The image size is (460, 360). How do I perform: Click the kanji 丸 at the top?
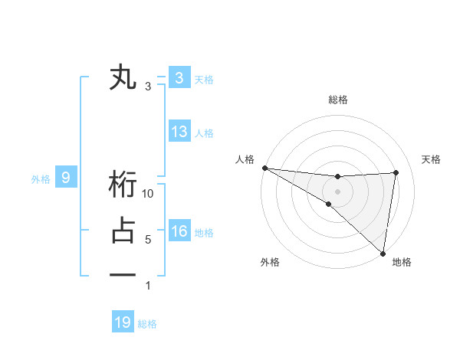click(123, 78)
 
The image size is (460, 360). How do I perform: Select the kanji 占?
click(123, 231)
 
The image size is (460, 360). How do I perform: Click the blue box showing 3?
click(179, 78)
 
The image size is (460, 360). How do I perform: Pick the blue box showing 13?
click(179, 132)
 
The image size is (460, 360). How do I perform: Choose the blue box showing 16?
click(179, 231)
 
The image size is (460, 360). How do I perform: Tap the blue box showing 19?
click(123, 322)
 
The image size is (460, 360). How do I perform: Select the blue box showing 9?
click(66, 178)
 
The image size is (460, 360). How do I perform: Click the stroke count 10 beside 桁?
click(149, 194)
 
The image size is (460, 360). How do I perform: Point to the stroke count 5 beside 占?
click(148, 240)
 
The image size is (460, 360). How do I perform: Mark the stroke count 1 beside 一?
click(148, 286)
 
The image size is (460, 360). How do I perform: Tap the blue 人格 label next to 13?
click(204, 133)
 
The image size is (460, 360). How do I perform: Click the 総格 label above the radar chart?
click(337, 100)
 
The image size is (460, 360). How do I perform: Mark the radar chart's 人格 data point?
click(264, 168)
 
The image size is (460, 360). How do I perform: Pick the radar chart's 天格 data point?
click(396, 172)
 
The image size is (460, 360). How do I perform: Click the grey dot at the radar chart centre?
click(337, 189)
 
